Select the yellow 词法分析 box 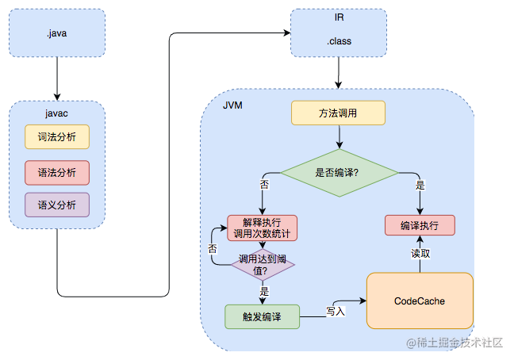point(57,136)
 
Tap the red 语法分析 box point(57,171)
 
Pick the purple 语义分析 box point(57,205)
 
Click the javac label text point(57,113)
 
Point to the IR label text point(339,17)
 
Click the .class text point(339,41)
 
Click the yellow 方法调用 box point(338,113)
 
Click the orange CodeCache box point(419,301)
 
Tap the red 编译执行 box point(420,225)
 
